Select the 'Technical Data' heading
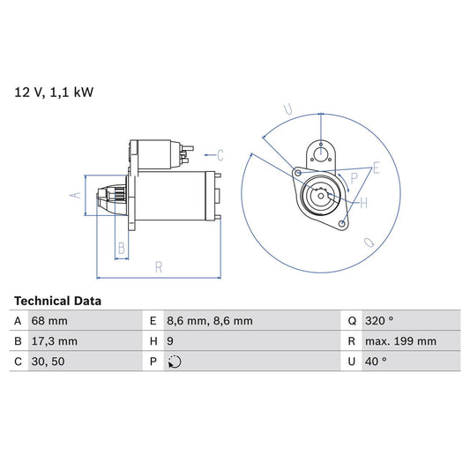tap(57, 301)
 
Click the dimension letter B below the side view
tap(122, 248)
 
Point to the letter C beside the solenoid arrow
tap(220, 156)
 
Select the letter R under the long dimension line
tap(158, 266)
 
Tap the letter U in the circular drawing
tap(287, 110)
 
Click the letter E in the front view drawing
tap(376, 168)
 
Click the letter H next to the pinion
tap(363, 204)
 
